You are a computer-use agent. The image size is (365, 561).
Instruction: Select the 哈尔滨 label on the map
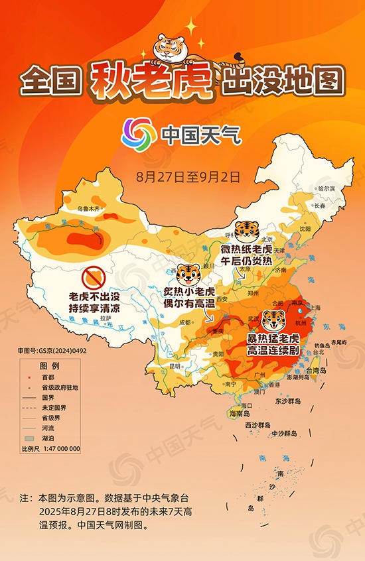tap(326, 189)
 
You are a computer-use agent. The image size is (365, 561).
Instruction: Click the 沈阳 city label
tap(305, 228)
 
